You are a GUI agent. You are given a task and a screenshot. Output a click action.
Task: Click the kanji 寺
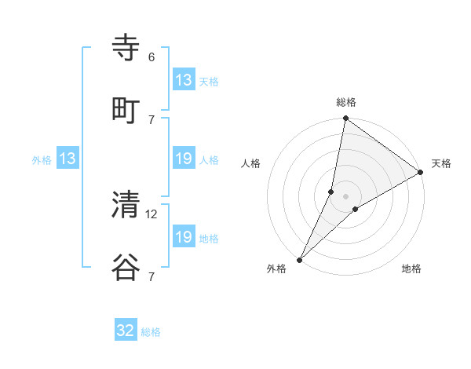point(126,48)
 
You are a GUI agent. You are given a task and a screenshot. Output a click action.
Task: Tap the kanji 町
point(126,111)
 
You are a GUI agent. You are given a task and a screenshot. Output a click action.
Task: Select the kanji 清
point(126,205)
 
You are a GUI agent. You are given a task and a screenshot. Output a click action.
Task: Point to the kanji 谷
point(126,268)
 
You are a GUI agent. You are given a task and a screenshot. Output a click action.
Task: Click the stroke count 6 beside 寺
point(152,57)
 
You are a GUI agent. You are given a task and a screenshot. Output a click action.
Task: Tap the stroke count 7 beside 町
point(152,119)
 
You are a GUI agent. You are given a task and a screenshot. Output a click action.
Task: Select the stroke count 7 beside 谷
point(152,276)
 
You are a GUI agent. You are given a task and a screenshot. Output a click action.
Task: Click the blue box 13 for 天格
point(184,80)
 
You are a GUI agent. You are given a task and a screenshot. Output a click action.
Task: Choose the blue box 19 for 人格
point(184,159)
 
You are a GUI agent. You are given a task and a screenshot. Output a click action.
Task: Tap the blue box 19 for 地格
point(184,237)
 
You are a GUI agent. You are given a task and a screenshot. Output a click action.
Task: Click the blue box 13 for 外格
point(68,159)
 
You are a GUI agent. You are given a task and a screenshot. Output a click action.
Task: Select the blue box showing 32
point(126,331)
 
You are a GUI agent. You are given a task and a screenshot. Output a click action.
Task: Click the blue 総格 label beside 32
point(151,332)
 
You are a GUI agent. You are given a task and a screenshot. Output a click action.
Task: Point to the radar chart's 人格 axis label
point(251,163)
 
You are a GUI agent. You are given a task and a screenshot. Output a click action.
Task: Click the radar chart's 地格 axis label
point(411,269)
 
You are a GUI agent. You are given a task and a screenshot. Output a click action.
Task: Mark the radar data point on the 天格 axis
point(421,173)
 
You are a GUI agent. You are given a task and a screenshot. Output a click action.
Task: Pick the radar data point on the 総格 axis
point(345,119)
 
